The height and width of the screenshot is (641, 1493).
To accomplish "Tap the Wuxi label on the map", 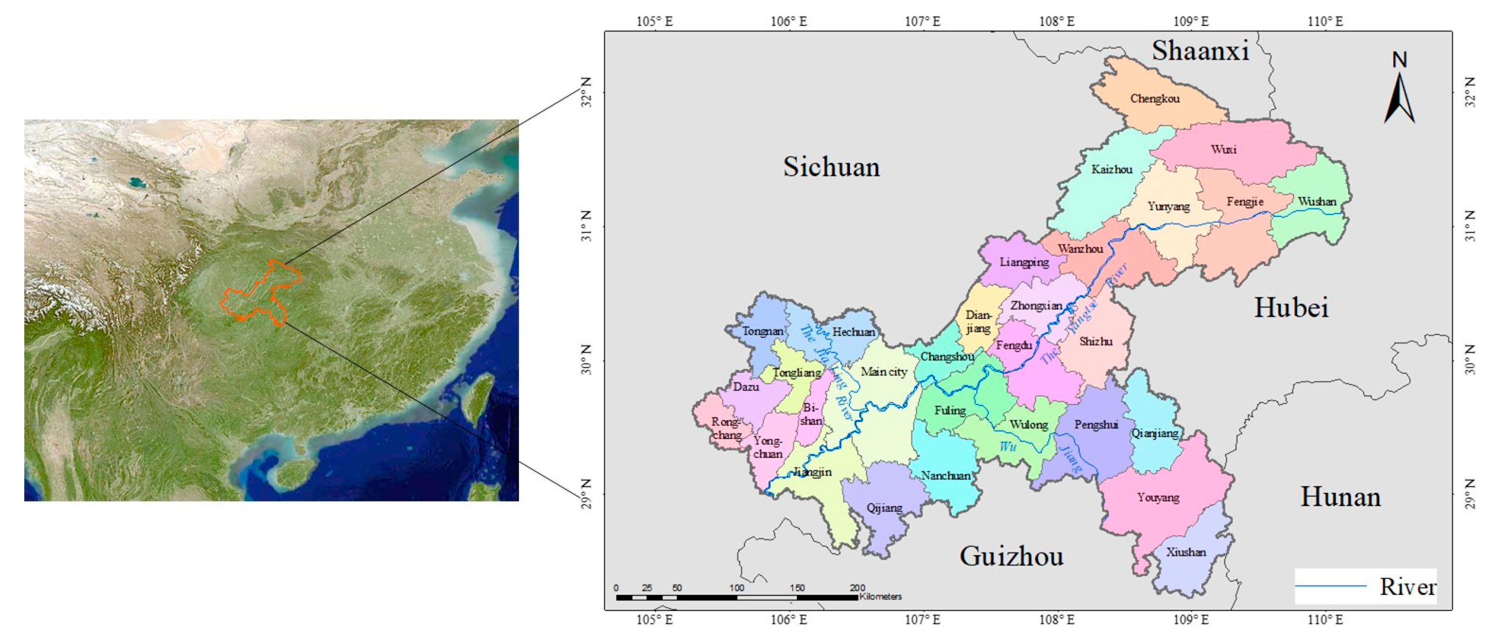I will tap(1223, 149).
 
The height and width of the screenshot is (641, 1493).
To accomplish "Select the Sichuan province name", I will tap(831, 167).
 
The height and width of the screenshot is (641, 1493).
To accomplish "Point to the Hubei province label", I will tap(1291, 307).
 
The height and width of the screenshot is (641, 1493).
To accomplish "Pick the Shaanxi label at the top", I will tap(1200, 51).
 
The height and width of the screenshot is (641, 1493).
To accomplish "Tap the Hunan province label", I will tap(1340, 497).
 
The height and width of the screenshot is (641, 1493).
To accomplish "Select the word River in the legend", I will tap(1407, 587).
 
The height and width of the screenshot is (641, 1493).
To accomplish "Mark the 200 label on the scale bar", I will tap(857, 588).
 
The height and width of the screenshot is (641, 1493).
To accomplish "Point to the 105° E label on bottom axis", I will tap(655, 620).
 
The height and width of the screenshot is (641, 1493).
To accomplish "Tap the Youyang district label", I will tap(1157, 497).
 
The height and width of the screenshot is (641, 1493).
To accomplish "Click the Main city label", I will tap(883, 372).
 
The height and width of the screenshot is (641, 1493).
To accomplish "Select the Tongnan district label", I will tap(763, 331).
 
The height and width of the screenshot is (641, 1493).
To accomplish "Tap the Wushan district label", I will tap(1317, 202).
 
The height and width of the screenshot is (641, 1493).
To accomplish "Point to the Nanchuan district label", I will tap(946, 475).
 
